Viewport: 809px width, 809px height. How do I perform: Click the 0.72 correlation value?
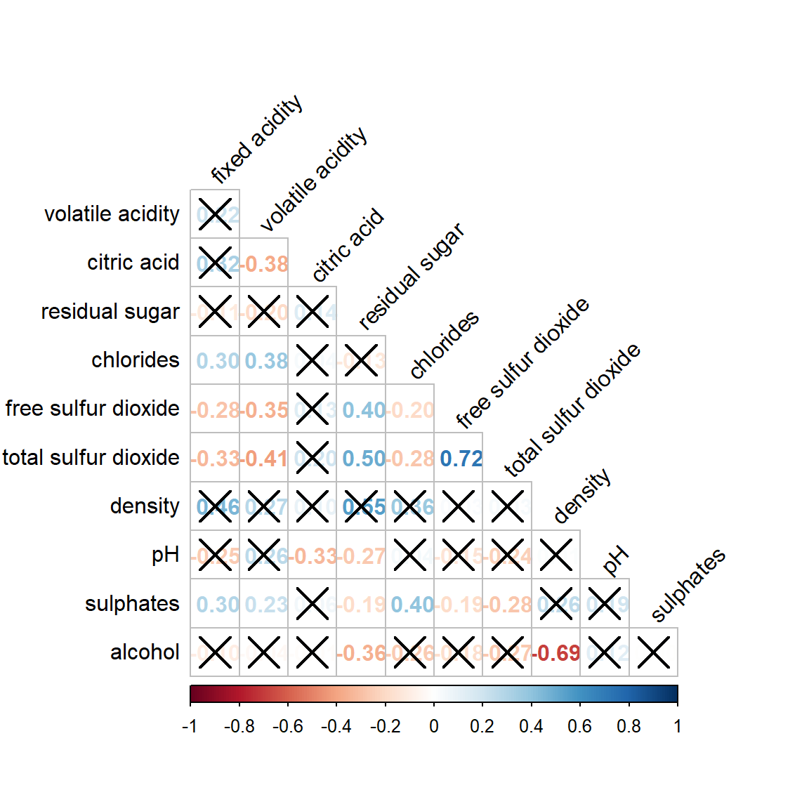[461, 459]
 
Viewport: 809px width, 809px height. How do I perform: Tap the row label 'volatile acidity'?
[112, 213]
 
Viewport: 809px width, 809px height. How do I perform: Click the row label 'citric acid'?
[133, 263]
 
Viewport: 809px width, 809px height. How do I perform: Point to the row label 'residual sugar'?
[110, 311]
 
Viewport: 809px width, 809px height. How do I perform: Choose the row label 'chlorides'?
[136, 360]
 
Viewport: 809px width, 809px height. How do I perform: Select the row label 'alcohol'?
[145, 652]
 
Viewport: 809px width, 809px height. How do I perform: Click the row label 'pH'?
[166, 555]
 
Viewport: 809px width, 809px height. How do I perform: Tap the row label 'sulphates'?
[132, 603]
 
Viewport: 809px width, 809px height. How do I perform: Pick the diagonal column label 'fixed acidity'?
[256, 138]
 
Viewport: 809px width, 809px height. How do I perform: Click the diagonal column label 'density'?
[581, 496]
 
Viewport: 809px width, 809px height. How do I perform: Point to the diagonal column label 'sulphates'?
[688, 585]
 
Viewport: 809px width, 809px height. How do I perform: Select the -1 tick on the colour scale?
[190, 726]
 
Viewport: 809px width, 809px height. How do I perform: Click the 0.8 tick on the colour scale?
[629, 726]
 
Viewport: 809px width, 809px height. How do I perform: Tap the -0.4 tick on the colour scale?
[336, 726]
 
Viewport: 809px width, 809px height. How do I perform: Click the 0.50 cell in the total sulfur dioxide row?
[363, 459]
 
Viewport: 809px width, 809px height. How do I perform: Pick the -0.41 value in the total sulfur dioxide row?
[265, 459]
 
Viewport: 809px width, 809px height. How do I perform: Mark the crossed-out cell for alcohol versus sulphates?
[653, 652]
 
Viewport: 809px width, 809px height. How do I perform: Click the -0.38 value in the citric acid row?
[265, 264]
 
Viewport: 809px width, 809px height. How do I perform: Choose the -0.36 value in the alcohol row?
[363, 653]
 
